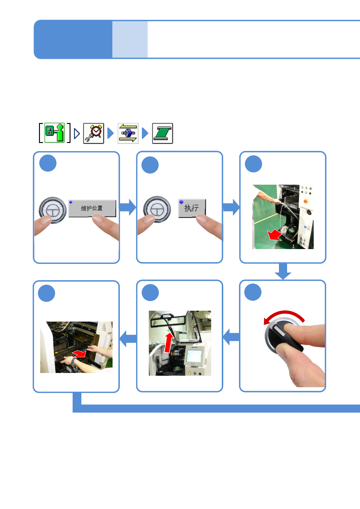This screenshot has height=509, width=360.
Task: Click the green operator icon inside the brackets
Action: [55, 133]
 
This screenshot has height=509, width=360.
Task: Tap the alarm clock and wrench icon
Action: [93, 133]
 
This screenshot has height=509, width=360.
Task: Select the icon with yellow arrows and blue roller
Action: [128, 133]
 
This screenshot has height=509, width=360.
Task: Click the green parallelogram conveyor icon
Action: [162, 133]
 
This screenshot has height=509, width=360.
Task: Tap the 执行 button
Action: [192, 208]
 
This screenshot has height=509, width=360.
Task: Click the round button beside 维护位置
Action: [53, 210]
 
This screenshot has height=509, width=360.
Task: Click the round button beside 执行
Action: [157, 209]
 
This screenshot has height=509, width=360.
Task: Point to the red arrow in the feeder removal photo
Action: [80, 353]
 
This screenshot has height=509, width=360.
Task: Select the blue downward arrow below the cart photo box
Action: [283, 271]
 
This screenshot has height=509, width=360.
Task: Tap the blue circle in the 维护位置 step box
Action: [48, 163]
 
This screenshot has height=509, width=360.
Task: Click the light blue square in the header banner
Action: [130, 39]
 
